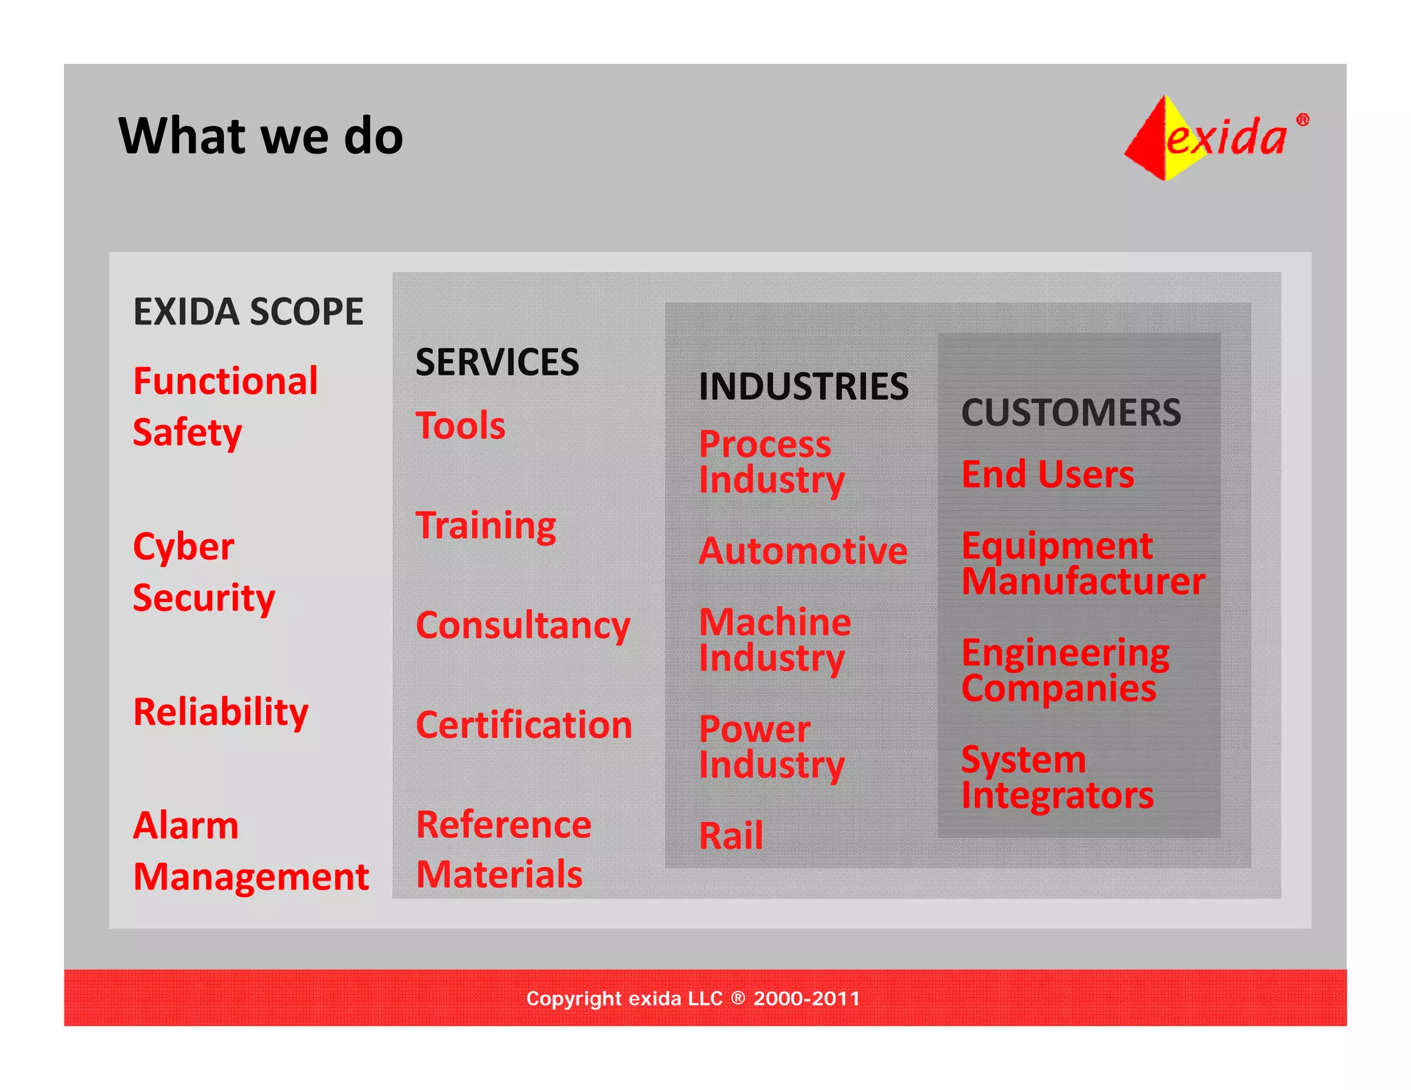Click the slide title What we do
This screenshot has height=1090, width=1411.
[260, 136]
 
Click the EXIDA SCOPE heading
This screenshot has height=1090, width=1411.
[248, 311]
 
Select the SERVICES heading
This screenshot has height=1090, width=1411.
[497, 362]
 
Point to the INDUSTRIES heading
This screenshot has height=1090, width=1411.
[803, 387]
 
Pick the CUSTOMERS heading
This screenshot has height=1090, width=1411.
[1071, 413]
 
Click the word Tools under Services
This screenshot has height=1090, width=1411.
[460, 426]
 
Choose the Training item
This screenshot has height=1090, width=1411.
[486, 526]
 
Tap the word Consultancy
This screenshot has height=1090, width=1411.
[523, 626]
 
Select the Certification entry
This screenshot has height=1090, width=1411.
[524, 726]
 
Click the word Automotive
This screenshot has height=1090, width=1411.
[803, 551]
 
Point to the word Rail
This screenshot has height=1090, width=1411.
[731, 836]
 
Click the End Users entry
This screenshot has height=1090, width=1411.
[1047, 475]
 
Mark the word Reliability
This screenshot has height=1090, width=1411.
[220, 712]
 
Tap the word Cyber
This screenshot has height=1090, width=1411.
[183, 547]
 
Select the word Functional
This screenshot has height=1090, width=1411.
[225, 381]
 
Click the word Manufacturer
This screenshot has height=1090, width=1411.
[1083, 582]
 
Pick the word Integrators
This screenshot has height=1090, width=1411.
[1057, 796]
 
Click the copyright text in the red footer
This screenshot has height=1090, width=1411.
[693, 998]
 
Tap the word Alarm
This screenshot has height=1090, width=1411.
[185, 825]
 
